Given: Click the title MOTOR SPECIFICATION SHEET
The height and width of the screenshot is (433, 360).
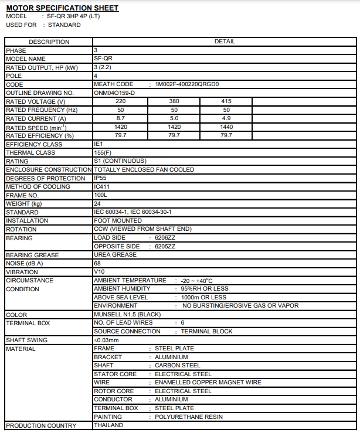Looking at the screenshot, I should (62, 8).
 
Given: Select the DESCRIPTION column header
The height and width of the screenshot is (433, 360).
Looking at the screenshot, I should (49, 42).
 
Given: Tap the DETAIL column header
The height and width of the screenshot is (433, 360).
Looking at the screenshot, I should (225, 42).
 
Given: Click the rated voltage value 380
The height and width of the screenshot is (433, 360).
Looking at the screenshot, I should (174, 101).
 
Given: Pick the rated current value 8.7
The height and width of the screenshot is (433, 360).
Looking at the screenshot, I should (121, 118).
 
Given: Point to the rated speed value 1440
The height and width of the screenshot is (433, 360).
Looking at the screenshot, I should (226, 127).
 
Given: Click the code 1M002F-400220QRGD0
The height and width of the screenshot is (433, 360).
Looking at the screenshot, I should (187, 84).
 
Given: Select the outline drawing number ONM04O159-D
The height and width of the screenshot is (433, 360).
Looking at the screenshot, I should (114, 93).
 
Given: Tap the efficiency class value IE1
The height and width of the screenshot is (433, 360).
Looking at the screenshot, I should (99, 144).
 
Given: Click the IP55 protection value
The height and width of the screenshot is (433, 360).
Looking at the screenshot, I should (101, 178).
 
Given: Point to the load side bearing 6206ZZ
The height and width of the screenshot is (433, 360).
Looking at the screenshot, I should (165, 238).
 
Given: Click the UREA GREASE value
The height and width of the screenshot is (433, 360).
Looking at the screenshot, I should (115, 255).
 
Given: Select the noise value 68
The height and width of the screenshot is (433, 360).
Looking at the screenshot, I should (97, 263).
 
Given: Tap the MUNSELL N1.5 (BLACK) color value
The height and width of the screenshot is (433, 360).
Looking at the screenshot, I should (127, 315).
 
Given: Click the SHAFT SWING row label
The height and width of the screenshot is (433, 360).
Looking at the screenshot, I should (26, 340).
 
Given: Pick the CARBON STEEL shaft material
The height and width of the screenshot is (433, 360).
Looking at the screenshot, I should (178, 366).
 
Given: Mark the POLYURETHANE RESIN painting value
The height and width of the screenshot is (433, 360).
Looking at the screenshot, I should (189, 417).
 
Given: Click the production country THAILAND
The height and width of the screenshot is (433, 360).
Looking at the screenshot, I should (108, 425).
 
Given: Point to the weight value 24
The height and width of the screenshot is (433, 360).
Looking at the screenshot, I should (97, 203).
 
